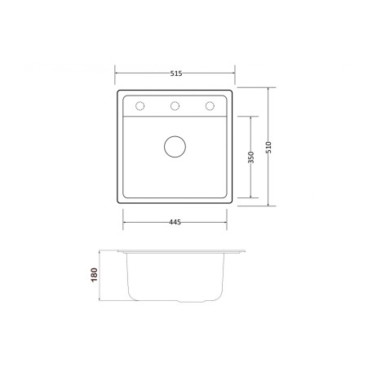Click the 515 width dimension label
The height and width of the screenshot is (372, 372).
coord(176,73)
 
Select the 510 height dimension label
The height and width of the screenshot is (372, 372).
coord(268,147)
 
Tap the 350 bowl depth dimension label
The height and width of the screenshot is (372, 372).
coord(251,157)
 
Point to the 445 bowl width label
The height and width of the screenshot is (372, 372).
coord(175,222)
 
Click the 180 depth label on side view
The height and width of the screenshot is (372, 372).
coord(94,275)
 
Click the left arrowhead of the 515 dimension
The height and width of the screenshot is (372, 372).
coord(116,73)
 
